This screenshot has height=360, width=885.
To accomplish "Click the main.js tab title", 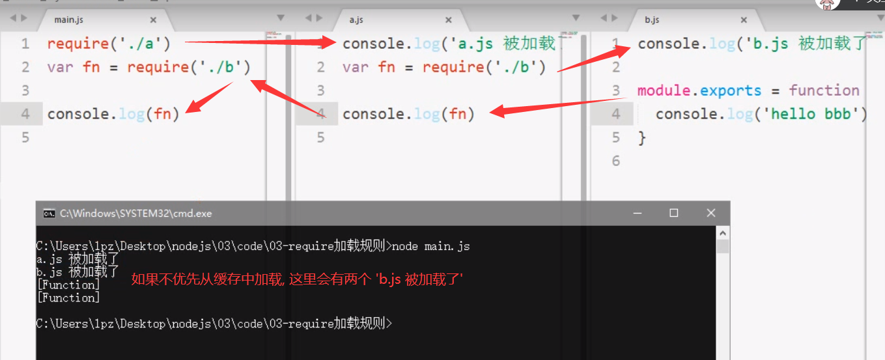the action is click(68, 20).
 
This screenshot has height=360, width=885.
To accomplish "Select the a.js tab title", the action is click(356, 20).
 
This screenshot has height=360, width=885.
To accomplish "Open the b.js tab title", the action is click(652, 20).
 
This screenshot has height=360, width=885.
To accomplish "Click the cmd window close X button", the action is click(710, 213).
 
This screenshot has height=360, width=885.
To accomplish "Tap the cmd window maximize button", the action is click(674, 213).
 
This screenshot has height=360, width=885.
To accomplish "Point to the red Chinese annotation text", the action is click(297, 279).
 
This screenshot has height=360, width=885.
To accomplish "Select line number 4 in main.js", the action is click(25, 114).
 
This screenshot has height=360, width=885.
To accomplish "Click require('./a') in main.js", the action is click(109, 44).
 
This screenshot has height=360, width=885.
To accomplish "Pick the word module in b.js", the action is click(666, 90).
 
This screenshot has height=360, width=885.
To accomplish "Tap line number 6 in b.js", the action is click(616, 161).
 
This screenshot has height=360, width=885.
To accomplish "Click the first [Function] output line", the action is click(68, 285).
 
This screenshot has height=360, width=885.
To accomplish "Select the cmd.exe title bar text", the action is click(135, 213).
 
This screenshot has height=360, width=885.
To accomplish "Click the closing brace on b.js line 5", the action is click(642, 137).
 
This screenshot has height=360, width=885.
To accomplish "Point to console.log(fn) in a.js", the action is click(408, 114).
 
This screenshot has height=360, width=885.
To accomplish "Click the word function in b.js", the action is click(824, 90).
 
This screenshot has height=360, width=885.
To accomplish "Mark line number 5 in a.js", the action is click(320, 137).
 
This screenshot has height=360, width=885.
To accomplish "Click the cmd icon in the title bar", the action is click(49, 213).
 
